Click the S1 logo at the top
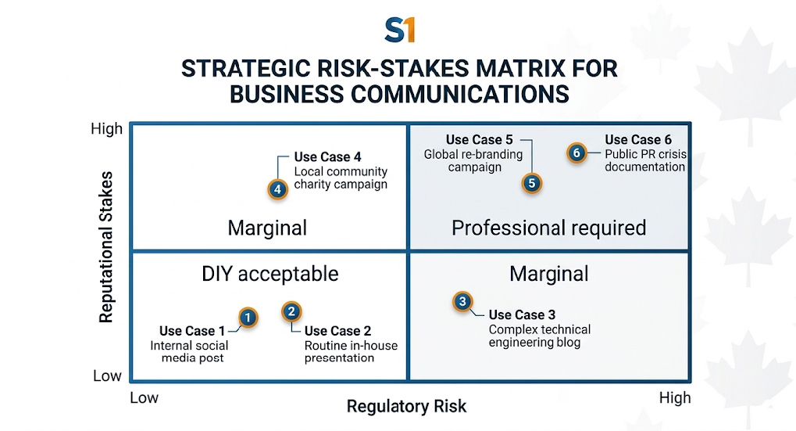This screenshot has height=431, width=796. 399,31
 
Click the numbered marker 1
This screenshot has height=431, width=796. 247,318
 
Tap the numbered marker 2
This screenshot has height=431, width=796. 291,312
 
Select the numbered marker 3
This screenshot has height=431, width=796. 462,302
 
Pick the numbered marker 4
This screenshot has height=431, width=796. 277,189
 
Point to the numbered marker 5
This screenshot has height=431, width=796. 531,184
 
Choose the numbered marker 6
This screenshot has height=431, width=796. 576,153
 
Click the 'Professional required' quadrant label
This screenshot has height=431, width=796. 548,228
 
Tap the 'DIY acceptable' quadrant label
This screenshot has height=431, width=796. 269,273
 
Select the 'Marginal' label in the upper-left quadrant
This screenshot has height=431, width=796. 267,228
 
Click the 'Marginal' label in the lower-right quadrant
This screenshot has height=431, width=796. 548,273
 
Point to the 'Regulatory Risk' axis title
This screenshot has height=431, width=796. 406,406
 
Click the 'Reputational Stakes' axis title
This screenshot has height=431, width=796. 107,247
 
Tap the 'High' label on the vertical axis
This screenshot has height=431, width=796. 107,129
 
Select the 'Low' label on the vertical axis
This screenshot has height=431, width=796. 108,375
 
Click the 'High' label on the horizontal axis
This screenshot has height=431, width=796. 674,398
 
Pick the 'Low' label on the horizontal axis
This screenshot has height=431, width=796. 145,398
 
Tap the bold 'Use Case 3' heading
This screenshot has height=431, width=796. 521,315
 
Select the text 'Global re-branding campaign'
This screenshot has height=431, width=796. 473,160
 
